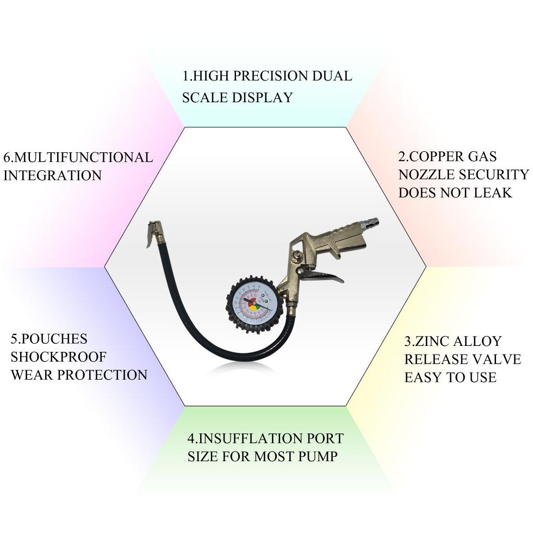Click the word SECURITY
click(x=494, y=175)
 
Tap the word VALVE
click(x=495, y=360)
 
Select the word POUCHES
click(x=53, y=339)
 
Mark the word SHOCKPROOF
click(x=59, y=357)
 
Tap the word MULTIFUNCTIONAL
click(x=84, y=158)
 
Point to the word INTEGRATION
click(x=52, y=176)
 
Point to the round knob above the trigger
click(x=294, y=256)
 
